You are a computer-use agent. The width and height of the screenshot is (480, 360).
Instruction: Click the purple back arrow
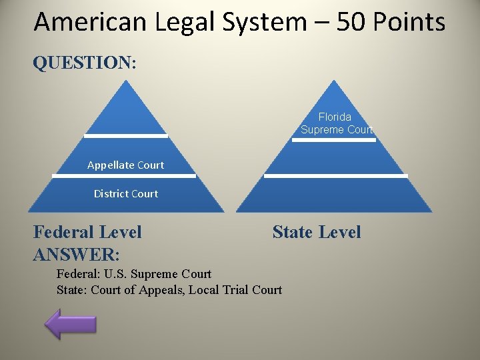[71, 323]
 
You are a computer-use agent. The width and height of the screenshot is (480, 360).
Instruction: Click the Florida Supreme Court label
[335, 123]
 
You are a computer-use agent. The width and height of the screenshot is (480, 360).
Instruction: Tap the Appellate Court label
[125, 165]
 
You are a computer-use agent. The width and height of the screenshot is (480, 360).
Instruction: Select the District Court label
[125, 194]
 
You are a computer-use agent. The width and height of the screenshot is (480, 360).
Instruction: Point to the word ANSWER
[75, 254]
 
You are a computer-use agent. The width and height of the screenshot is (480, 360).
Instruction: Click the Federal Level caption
[87, 232]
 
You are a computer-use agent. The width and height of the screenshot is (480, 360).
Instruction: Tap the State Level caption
[316, 232]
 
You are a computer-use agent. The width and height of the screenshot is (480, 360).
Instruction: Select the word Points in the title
[408, 22]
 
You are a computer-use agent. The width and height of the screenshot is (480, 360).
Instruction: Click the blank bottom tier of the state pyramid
[335, 195]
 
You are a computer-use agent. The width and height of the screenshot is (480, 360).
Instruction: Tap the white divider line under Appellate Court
[124, 176]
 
